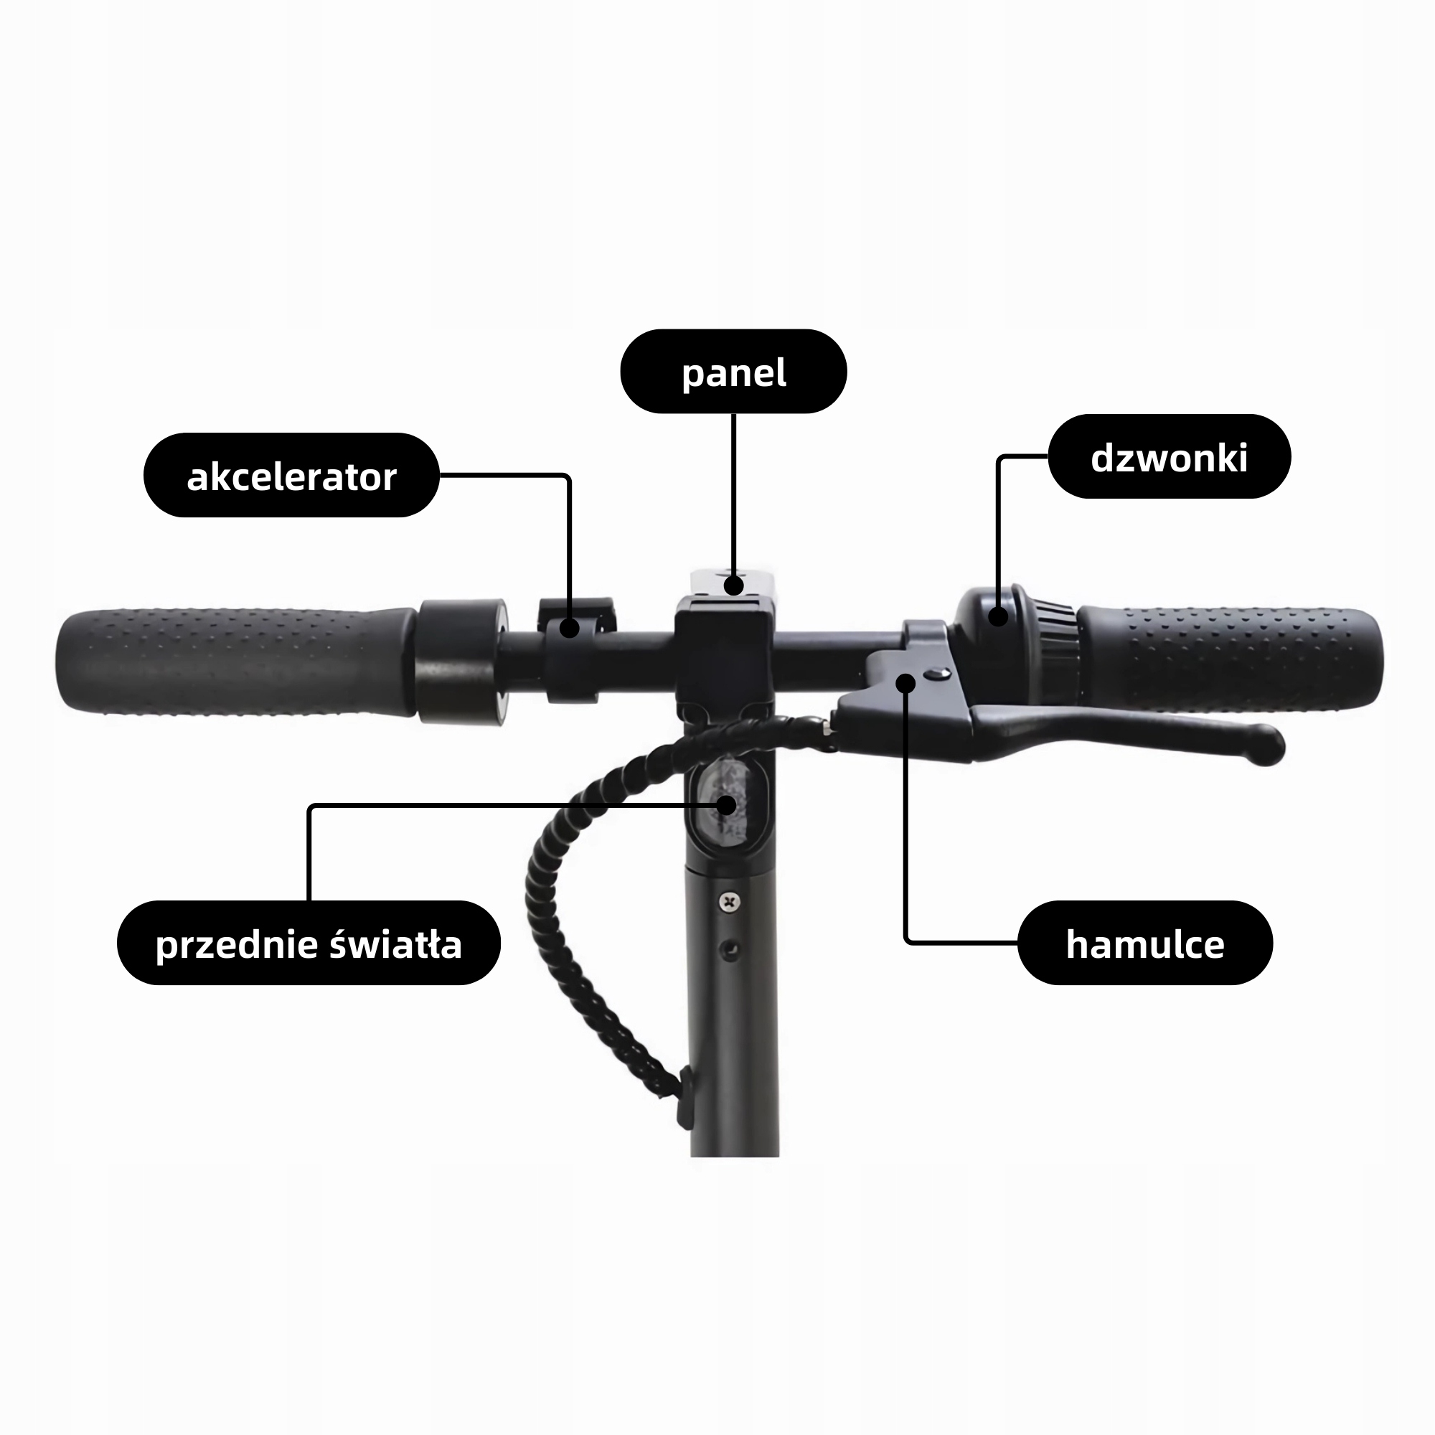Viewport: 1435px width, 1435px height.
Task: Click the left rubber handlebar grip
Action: pos(236,662)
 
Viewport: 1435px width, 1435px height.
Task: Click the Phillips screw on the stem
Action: pos(731,903)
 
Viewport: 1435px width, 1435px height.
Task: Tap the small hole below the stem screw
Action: pos(731,950)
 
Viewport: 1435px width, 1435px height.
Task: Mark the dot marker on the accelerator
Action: pos(569,629)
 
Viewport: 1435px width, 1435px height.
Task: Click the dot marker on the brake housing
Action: pos(905,682)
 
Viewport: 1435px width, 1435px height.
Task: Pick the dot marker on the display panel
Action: pos(734,585)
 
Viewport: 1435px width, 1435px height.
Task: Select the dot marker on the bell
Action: pos(998,616)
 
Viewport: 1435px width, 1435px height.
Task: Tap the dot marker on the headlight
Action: pos(726,805)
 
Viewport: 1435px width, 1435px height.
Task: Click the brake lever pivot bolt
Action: pos(937,674)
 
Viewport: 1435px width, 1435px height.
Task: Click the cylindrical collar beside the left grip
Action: pos(462,661)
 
